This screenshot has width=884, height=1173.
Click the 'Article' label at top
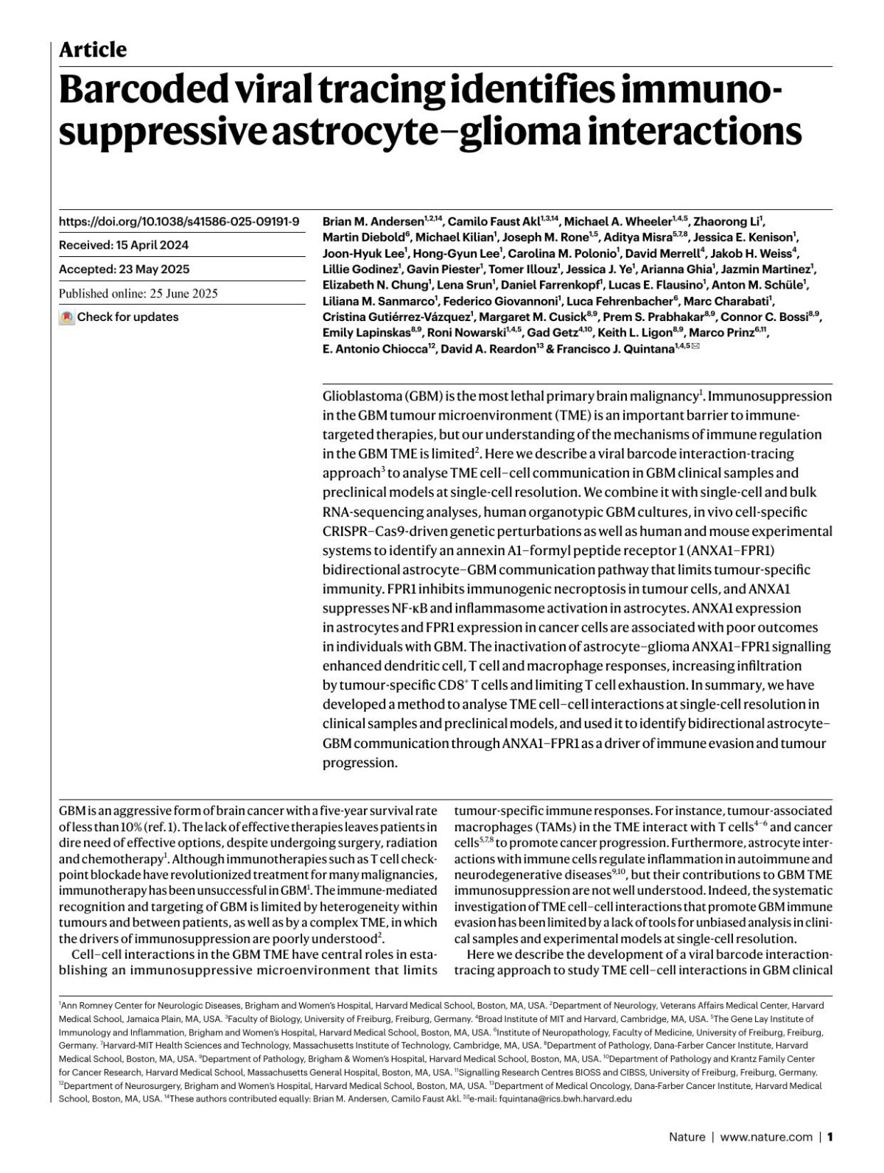92,49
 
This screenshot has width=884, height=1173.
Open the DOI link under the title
179,221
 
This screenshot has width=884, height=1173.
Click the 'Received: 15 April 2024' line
124,245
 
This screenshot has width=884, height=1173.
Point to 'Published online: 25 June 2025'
138,293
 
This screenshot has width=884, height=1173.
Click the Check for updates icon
67,317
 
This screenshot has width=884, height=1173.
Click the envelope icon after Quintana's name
695,348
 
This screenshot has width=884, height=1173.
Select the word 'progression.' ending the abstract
359,763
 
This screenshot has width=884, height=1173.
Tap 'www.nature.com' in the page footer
766,1137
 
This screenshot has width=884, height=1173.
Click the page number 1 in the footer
829,1137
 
